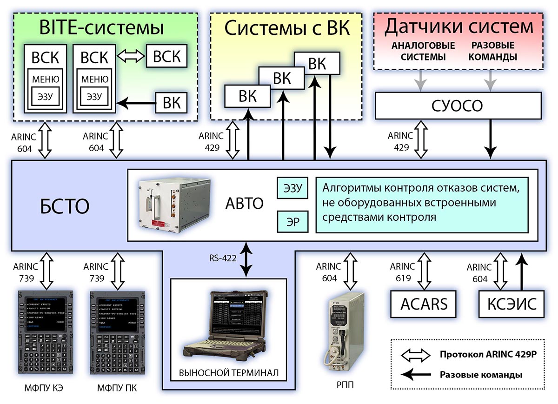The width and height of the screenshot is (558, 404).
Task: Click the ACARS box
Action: coord(423,304)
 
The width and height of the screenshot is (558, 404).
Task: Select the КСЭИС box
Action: coord(511,304)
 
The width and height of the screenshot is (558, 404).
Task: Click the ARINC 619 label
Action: coord(402,272)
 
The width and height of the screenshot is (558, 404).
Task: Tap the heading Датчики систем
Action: coord(458,27)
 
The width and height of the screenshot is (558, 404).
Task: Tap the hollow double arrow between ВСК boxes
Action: coord(131,57)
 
